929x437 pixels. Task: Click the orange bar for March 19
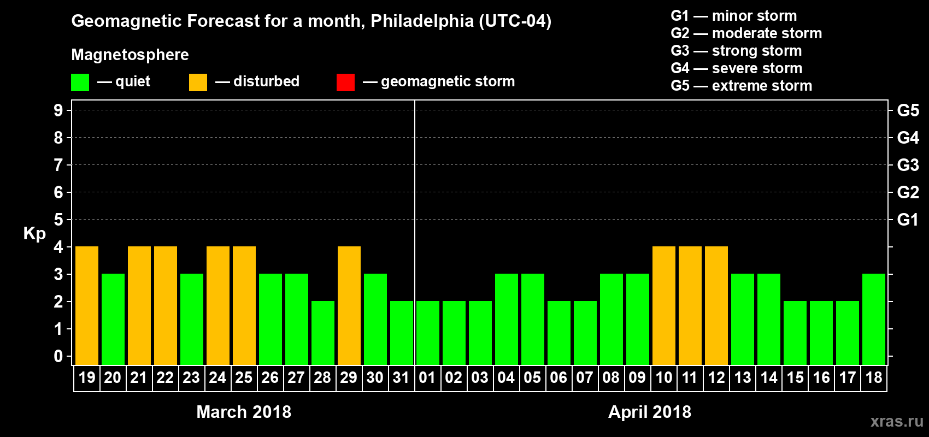coord(87,305)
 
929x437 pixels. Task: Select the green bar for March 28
coord(323,333)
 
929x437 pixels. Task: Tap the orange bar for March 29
coord(349,305)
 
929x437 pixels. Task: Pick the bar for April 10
coord(664,305)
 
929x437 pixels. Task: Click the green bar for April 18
coord(874,319)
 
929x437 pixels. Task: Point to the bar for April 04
coord(507,319)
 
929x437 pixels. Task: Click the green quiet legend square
coord(80,82)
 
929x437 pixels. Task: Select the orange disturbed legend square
coord(198,82)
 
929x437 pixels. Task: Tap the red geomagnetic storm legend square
coord(345,82)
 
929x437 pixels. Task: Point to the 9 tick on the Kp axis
coord(58,110)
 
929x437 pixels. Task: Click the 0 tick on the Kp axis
coord(58,357)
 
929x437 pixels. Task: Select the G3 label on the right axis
coord(908,165)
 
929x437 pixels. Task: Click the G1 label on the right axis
coord(908,220)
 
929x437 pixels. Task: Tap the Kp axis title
coord(34,234)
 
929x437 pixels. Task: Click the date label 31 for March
coord(401,377)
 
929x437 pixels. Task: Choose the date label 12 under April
coord(716,377)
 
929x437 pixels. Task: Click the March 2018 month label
coord(244,412)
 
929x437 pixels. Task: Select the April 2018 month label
coord(650,412)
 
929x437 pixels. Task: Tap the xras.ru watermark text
coord(897,421)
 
